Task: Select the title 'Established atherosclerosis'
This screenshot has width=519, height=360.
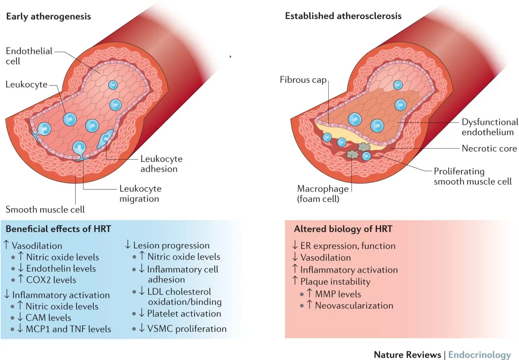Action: (343, 16)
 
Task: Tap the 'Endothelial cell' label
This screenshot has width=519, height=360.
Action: (29, 56)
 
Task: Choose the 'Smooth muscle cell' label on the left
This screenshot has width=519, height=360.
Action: (45, 210)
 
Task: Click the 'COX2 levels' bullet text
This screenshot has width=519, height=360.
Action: (54, 280)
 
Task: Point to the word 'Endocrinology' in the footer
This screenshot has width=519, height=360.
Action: (479, 355)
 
